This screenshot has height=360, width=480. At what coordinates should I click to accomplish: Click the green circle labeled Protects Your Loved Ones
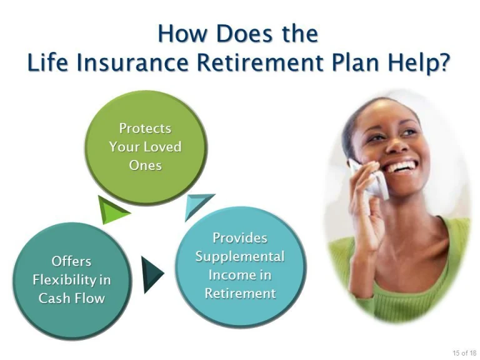145,147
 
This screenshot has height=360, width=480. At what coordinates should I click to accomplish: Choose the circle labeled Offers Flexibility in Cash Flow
71,279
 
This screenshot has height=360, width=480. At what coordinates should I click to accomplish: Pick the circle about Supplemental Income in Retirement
239,265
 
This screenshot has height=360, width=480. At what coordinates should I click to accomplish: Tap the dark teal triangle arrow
152,274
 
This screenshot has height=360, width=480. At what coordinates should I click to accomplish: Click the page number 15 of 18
464,352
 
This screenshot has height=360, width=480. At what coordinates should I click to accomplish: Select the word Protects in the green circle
145,128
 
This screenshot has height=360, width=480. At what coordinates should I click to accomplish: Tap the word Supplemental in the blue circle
239,256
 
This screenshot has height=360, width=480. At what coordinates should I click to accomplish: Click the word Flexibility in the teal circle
71,279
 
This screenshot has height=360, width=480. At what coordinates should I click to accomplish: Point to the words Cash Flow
71,298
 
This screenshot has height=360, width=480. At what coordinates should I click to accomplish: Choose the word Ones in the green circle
145,166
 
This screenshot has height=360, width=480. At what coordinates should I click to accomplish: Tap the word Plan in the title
357,63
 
